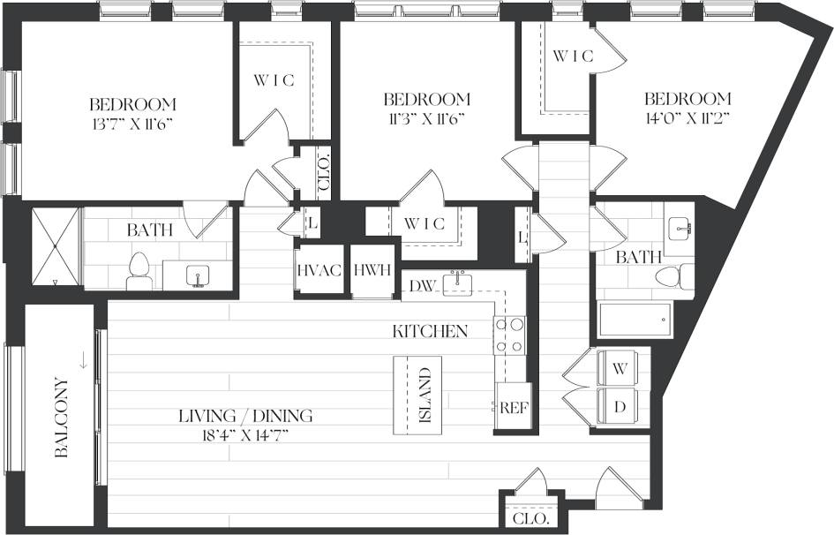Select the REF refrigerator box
[514, 407]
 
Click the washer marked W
[620, 367]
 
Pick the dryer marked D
[620, 408]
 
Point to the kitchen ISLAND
[417, 396]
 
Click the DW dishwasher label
[423, 285]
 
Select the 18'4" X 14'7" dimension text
[245, 433]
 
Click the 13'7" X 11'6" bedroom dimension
[132, 123]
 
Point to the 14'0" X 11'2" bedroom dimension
[687, 117]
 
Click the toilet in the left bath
[139, 271]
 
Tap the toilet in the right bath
[673, 277]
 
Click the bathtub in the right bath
[634, 320]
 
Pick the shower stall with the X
[55, 247]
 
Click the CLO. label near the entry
[530, 518]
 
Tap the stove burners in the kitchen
[509, 335]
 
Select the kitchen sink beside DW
[458, 282]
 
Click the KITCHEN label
[430, 332]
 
